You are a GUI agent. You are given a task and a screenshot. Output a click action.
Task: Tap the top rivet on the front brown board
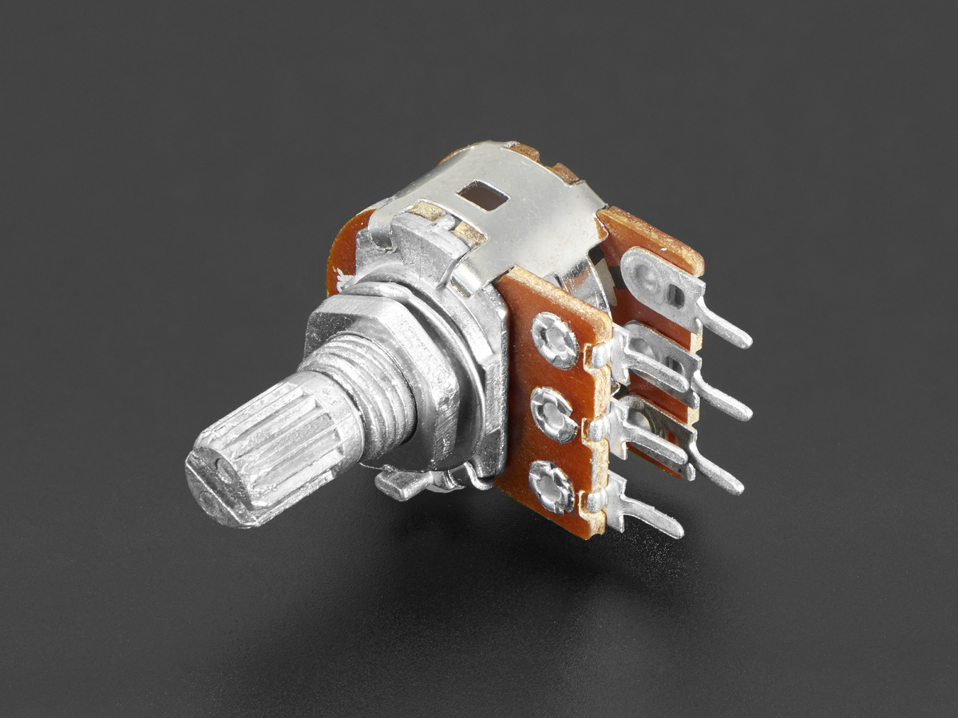pos(555,340)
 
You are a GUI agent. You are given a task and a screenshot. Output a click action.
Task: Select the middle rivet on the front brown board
pos(553,415)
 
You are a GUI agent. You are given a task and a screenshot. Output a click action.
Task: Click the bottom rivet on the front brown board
pos(552,487)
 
